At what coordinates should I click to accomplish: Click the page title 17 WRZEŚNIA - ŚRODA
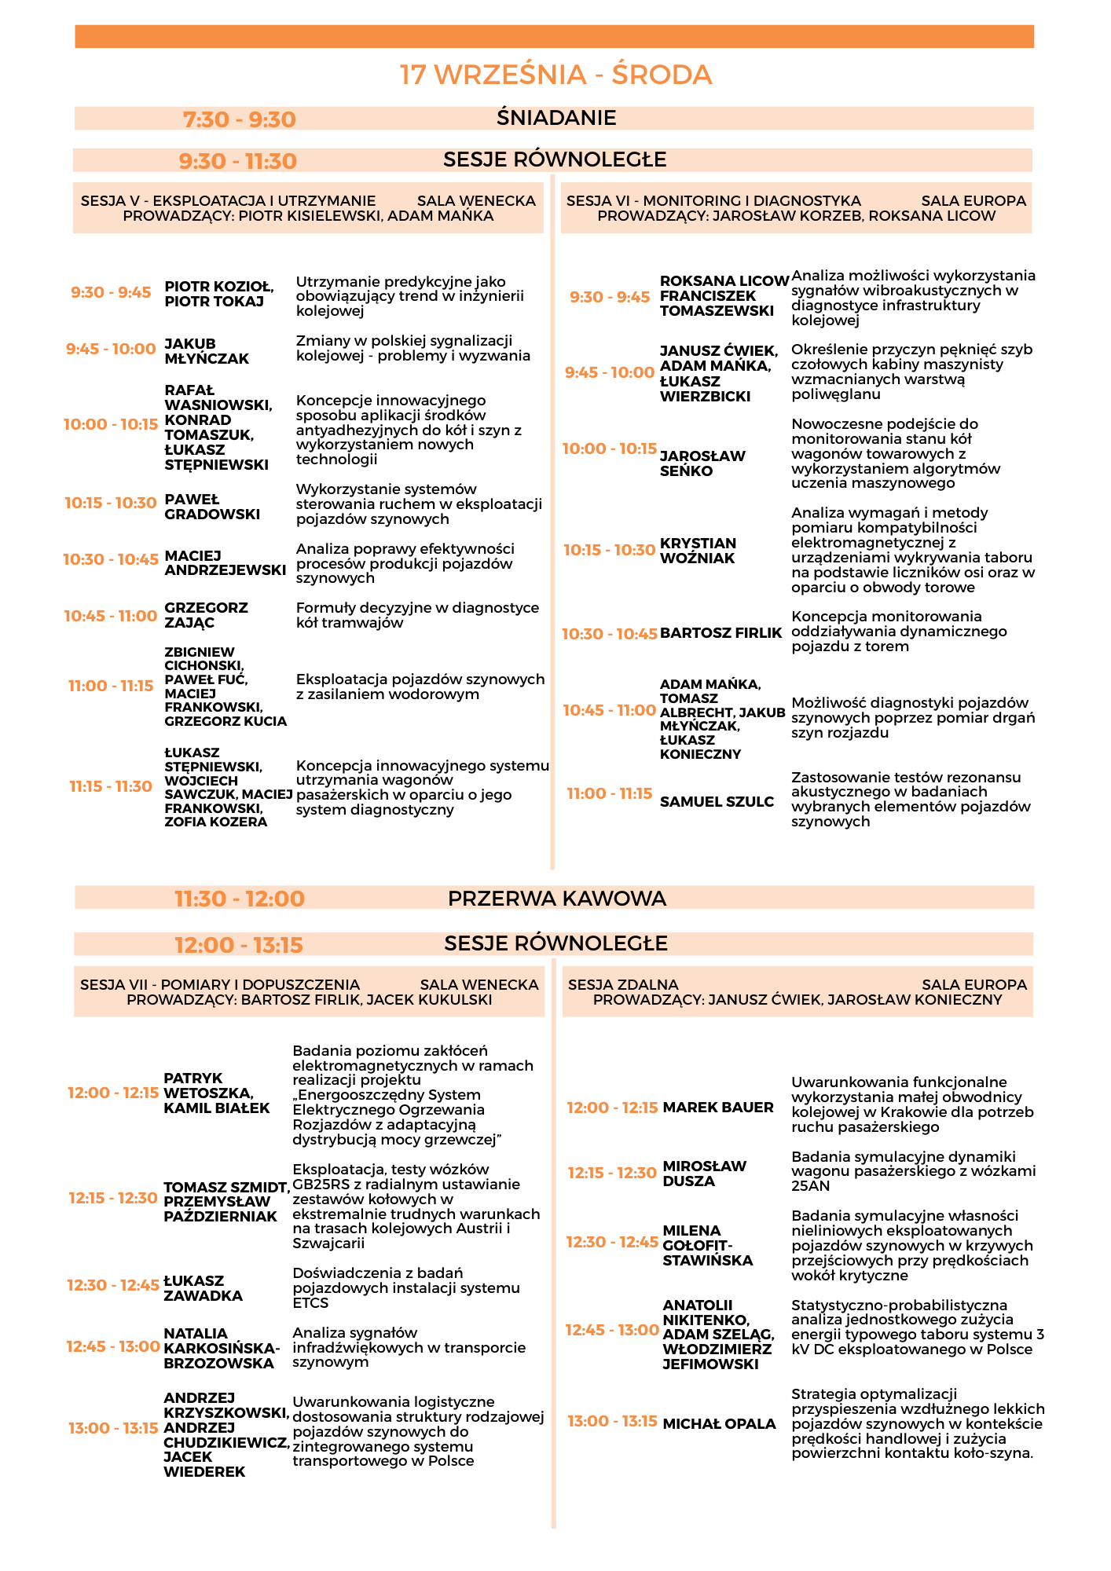coord(555,75)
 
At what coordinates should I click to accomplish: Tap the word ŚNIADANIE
coord(556,118)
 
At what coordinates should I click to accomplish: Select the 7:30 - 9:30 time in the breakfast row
coord(239,119)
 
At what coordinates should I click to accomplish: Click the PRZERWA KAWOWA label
coord(556,898)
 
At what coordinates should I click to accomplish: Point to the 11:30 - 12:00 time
coord(240,899)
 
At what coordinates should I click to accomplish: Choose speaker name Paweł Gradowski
coord(211,507)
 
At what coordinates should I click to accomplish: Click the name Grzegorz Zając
coord(206,615)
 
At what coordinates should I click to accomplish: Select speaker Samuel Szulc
coord(717,801)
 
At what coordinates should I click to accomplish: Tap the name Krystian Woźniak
coord(698,551)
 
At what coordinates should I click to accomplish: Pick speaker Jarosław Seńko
coord(702,463)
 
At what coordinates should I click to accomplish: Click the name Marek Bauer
coord(718,1108)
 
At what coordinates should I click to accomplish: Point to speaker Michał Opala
coord(719,1423)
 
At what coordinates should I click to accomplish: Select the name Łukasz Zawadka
coord(203,1288)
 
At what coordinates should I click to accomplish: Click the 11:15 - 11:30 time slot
coord(111,786)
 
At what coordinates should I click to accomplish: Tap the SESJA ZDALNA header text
coord(623,985)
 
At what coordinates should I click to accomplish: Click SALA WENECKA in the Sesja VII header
coord(479,985)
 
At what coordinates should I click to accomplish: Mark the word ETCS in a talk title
coord(310,1303)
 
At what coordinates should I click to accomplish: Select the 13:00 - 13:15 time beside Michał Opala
coord(612,1421)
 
